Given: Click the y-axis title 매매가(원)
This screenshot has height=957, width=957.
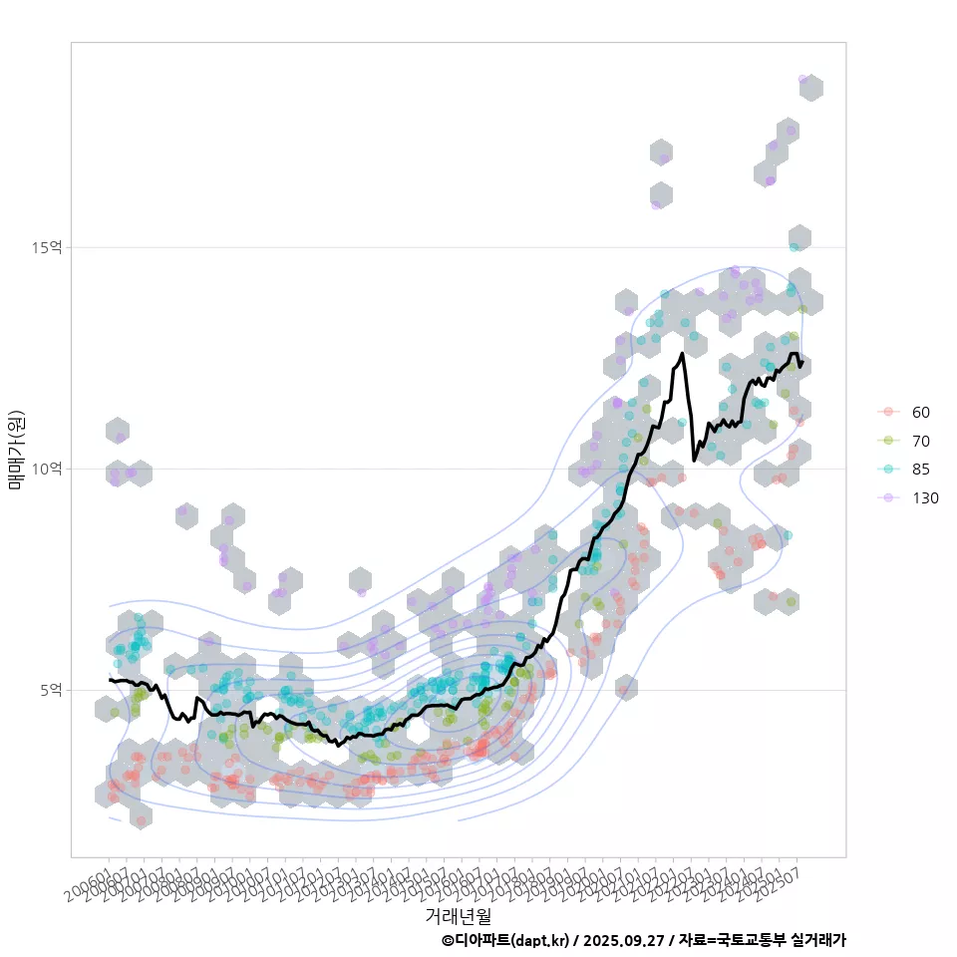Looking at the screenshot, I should pos(17,450).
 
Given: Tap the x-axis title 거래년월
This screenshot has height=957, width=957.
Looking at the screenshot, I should pos(458,914).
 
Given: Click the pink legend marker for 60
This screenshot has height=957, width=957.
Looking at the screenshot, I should pos(886,412).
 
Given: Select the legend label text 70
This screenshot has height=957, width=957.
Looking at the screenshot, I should pos(920,441).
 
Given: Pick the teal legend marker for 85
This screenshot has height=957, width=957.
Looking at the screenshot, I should pos(886,470).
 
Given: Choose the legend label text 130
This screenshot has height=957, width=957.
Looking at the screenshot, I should pos(925,498).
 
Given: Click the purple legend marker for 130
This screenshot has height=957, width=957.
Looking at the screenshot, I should pos(886,498).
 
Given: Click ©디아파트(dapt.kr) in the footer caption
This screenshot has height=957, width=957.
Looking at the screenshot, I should pos(504,940).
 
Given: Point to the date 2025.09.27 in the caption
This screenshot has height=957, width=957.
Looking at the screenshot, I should pos(624,940).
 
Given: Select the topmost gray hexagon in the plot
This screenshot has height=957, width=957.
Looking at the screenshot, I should pos(810,88).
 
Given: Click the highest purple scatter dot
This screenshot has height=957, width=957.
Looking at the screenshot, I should pos(802,79).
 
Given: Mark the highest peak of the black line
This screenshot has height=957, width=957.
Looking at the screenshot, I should pos(682,353).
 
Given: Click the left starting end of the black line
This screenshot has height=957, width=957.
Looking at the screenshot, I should pos(110,680).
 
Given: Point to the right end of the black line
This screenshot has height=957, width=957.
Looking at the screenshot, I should pos(800,364).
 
